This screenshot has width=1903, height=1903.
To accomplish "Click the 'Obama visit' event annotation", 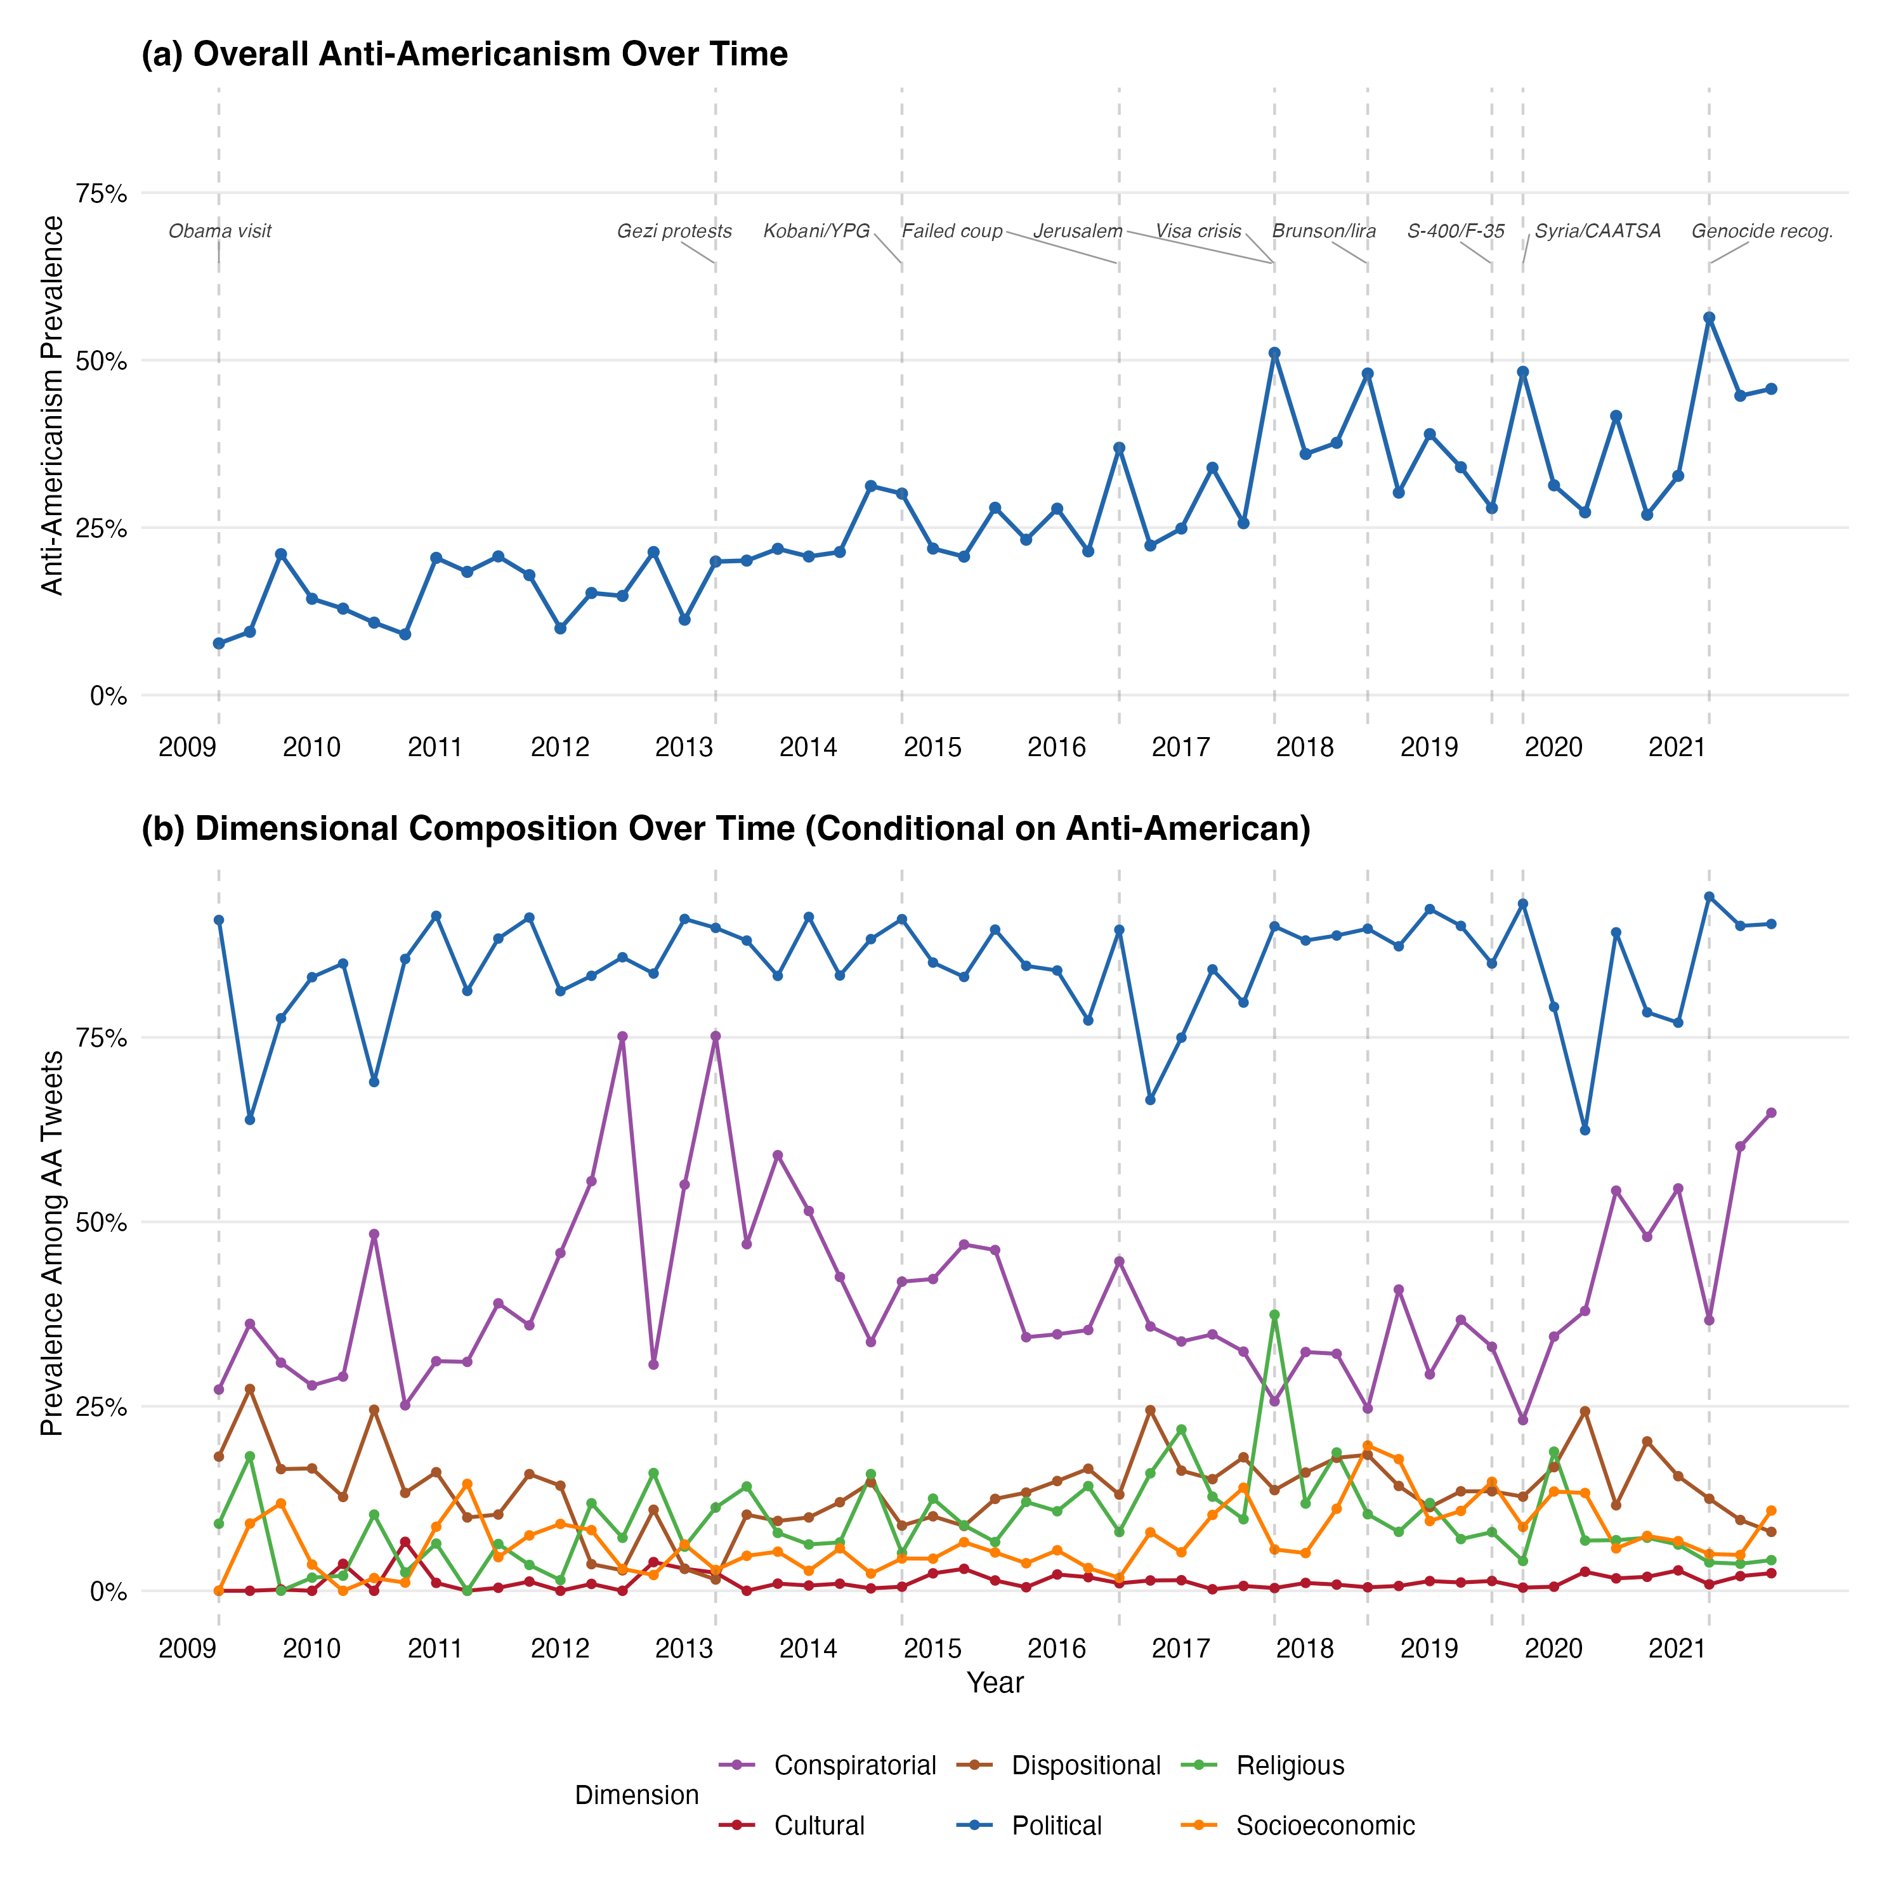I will pyautogui.click(x=219, y=232).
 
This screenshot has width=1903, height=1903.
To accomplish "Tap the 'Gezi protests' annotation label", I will pyautogui.click(x=675, y=232).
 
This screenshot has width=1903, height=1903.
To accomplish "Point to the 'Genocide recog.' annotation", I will pyautogui.click(x=1762, y=232).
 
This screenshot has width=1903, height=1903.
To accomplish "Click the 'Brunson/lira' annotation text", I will pyautogui.click(x=1324, y=232).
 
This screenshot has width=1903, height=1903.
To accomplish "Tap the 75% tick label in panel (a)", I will pyautogui.click(x=101, y=194).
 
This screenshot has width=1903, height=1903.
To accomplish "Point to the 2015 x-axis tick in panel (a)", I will pyautogui.click(x=932, y=748).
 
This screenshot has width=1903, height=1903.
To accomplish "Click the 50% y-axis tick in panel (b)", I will pyautogui.click(x=101, y=1222).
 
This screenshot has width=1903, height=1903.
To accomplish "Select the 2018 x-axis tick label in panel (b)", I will pyautogui.click(x=1304, y=1648).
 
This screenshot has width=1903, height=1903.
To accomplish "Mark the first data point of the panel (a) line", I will pyautogui.click(x=219, y=643).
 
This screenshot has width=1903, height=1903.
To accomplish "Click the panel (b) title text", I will pyautogui.click(x=726, y=828).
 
